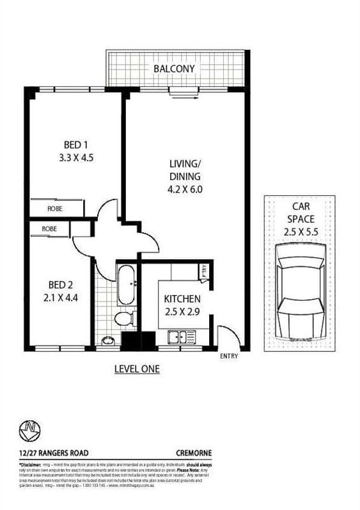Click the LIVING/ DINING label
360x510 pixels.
pyautogui.click(x=185, y=170)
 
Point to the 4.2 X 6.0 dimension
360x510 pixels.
pyautogui.click(x=185, y=189)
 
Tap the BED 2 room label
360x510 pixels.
pyautogui.click(x=61, y=285)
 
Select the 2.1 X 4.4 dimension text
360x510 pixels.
pyautogui.click(x=61, y=297)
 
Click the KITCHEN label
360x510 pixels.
pyautogui.click(x=182, y=299)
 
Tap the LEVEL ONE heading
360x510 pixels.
pyautogui.click(x=136, y=369)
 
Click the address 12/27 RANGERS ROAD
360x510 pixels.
pyautogui.click(x=49, y=452)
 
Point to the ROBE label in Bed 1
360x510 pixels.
pyautogui.click(x=54, y=209)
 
